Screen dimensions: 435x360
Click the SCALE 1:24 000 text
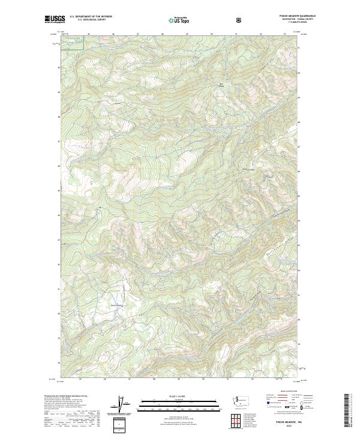click(172, 395)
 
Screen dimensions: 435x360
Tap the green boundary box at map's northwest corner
click(72, 39)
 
